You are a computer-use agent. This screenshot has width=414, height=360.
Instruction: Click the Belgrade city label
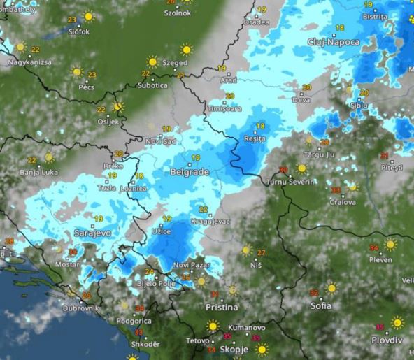coord(190,171)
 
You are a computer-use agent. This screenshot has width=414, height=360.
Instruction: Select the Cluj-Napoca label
coord(334,42)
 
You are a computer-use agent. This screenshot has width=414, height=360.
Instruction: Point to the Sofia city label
coord(321,305)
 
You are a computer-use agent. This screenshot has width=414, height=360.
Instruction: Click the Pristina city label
coord(222,307)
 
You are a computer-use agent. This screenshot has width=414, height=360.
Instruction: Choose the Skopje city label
coord(235,348)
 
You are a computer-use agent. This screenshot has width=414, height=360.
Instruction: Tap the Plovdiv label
coord(387,340)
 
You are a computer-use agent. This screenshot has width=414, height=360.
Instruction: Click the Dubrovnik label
coord(80,308)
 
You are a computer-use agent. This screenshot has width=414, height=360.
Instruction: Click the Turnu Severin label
coord(288,182)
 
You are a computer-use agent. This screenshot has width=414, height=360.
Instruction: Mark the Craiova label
coord(343,202)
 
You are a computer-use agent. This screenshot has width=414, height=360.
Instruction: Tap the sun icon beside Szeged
coord(186,50)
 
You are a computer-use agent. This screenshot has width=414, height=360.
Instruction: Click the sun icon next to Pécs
coord(77,71)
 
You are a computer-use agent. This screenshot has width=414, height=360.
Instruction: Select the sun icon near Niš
coord(245,250)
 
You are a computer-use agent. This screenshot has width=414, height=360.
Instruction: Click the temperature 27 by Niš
coord(261,252)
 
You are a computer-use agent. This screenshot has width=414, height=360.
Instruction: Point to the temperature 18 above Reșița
coord(261,126)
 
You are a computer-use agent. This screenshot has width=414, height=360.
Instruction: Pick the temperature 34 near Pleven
coord(373,247)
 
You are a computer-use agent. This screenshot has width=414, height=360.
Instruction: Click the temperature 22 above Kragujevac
coord(203,209)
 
